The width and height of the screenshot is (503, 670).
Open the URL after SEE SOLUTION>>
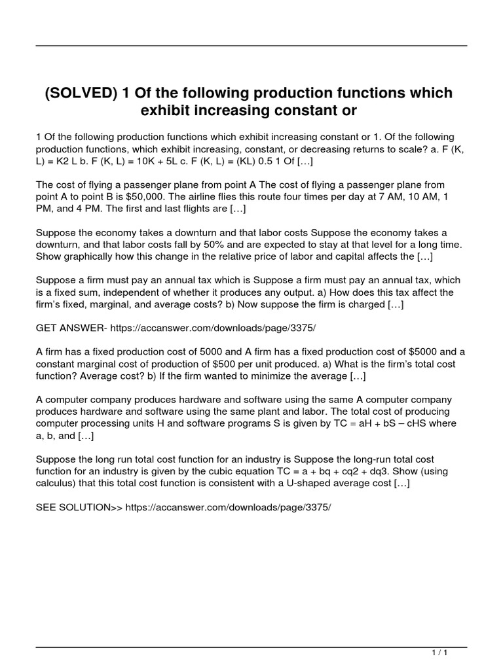tap(229, 507)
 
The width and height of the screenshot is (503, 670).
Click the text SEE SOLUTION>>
tap(79, 507)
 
